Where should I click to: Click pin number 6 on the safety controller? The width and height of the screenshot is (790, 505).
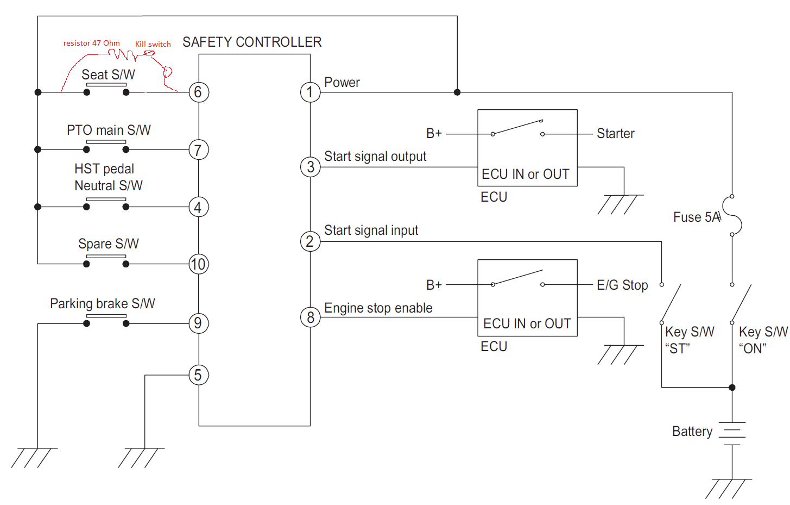tap(198, 92)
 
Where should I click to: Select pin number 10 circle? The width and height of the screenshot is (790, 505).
tap(198, 264)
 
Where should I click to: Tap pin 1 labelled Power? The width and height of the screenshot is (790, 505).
tap(310, 92)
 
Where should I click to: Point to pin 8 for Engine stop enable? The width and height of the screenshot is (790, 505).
tap(310, 317)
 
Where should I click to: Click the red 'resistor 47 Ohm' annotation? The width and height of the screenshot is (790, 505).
tap(91, 43)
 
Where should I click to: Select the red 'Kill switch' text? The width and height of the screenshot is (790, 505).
tap(153, 44)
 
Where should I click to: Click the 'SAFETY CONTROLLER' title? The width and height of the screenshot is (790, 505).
tap(252, 42)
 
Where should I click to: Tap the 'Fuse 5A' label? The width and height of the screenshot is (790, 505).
tap(697, 217)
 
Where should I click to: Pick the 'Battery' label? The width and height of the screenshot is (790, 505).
tap(692, 431)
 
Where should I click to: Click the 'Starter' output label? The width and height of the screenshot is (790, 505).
tap(615, 133)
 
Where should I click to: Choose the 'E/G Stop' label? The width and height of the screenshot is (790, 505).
tap(622, 285)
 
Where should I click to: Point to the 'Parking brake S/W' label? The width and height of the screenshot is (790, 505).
tap(103, 303)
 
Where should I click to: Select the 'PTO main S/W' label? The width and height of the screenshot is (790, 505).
tap(109, 130)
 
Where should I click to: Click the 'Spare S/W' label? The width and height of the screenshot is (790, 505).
tap(109, 244)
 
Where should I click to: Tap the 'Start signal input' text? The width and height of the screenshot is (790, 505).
tap(371, 230)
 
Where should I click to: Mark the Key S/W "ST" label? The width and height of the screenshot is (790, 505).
tap(689, 340)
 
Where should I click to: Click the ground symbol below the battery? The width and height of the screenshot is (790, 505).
tap(729, 488)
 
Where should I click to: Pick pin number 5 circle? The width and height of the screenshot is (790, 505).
tap(198, 375)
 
